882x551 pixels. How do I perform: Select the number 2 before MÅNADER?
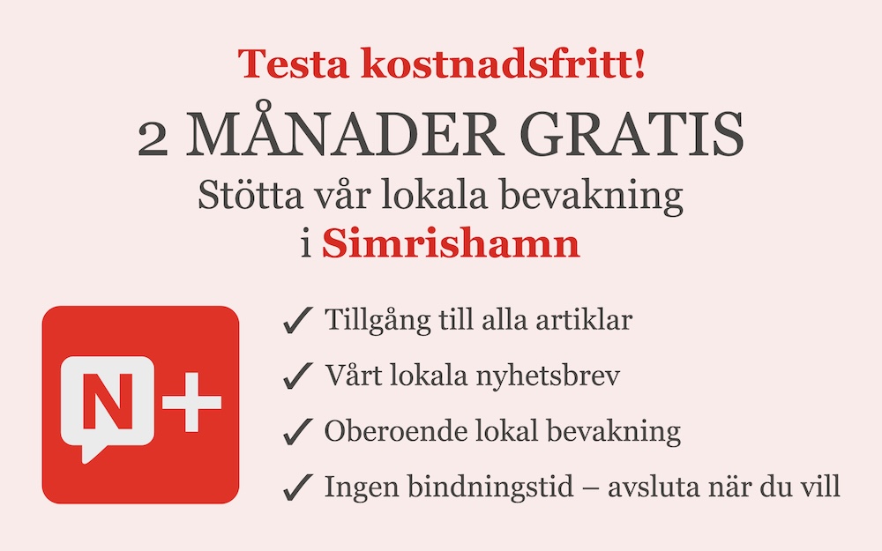click(153, 139)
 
